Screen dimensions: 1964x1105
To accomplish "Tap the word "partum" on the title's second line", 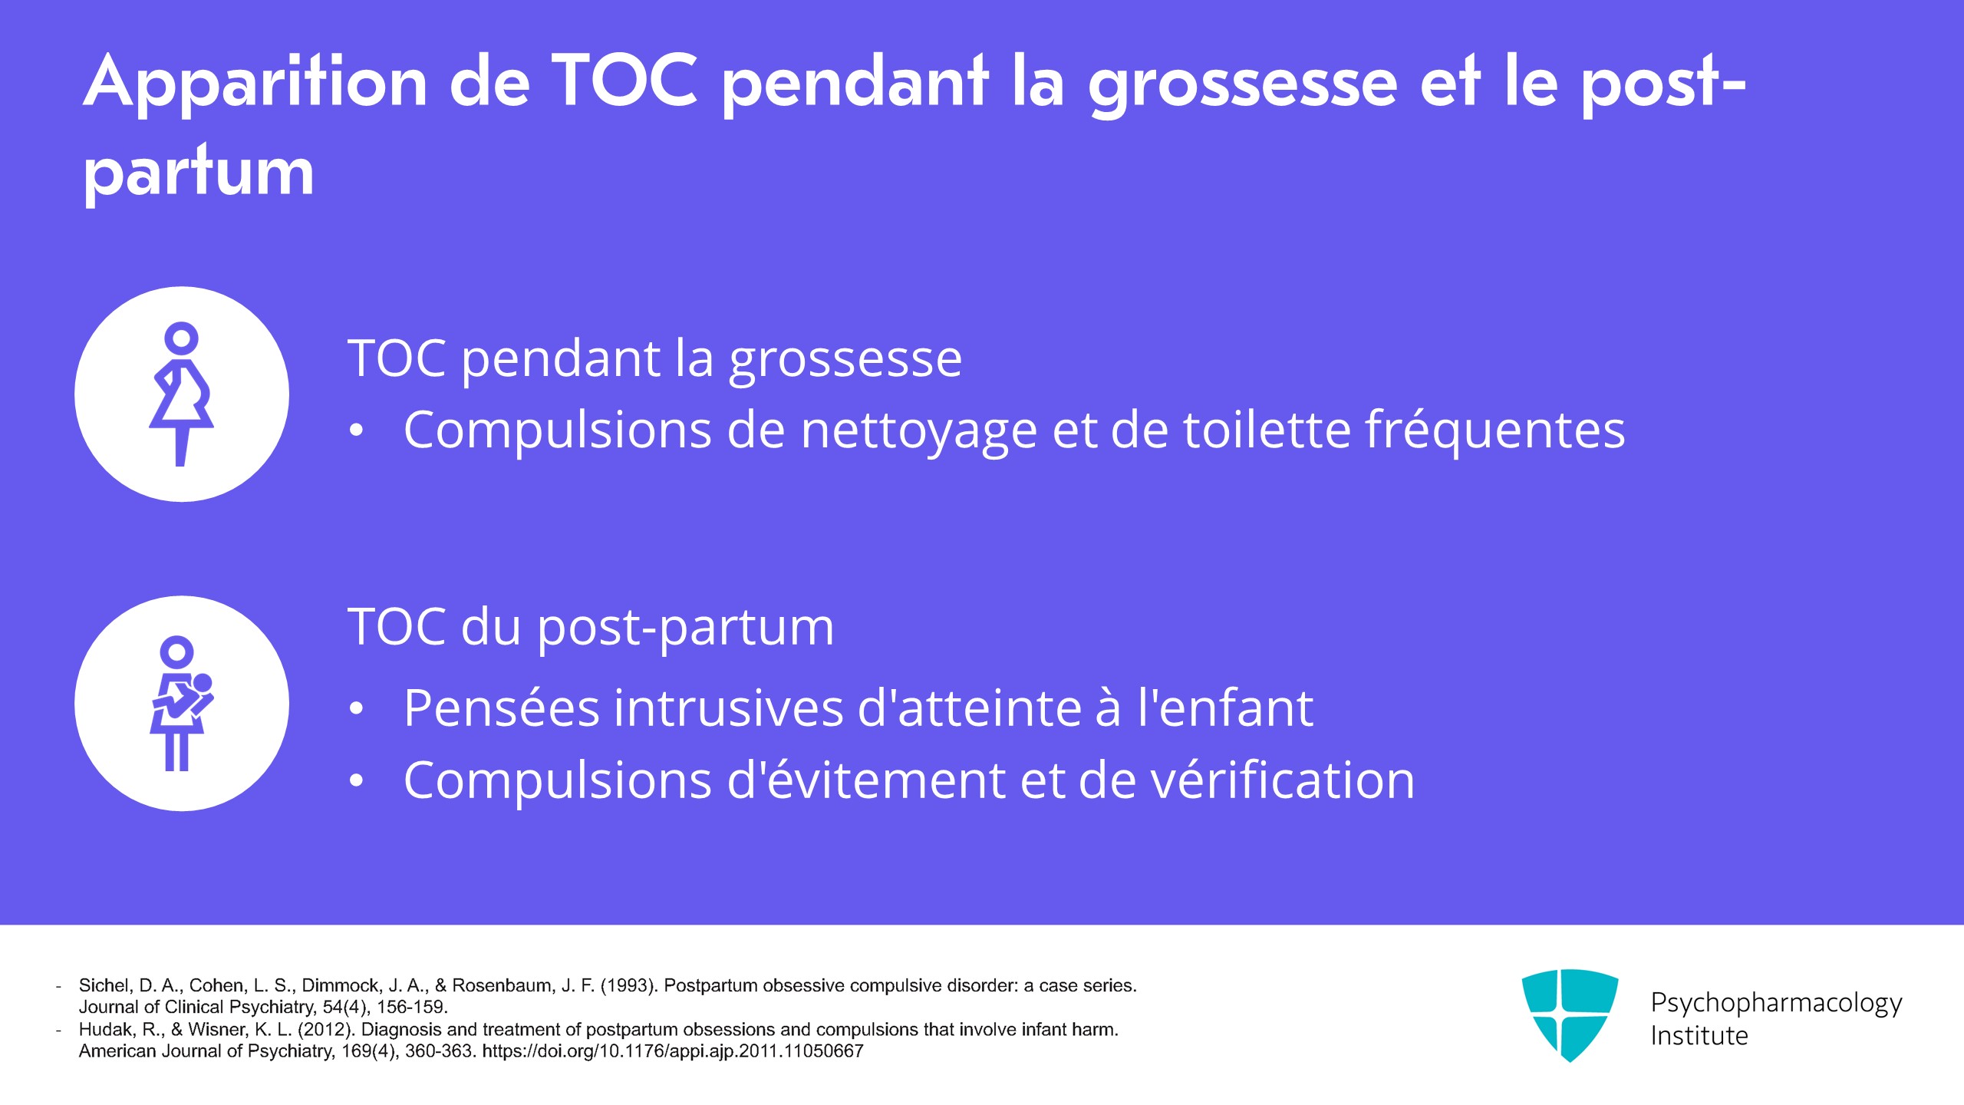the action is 199,173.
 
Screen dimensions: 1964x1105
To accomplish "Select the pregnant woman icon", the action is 182,394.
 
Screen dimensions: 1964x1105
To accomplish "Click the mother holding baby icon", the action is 182,704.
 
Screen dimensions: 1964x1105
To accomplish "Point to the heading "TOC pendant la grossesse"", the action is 654,358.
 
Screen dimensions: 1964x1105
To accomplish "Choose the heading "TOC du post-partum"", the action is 591,627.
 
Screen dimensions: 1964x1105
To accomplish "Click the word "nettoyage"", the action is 919,430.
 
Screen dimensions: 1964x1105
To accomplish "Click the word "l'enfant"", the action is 1225,708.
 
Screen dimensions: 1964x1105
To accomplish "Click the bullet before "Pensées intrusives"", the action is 356,709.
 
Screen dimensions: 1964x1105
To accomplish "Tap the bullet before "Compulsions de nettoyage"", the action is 356,431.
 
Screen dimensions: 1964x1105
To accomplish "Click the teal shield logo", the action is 1570,1014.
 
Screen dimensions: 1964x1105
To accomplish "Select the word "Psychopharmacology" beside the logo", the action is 1776,1004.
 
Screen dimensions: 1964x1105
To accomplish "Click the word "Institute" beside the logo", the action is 1699,1036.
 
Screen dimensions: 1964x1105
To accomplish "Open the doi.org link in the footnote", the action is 673,1051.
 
